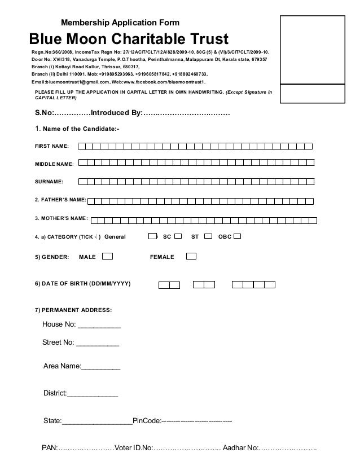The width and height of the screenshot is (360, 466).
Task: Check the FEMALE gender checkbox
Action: pos(191,257)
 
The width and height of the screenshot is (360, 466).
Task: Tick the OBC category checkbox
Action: pos(237,236)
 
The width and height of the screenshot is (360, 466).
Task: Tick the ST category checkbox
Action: pos(208,236)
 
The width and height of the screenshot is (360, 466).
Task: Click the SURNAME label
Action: pos(50,182)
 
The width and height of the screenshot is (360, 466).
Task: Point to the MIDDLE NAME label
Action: pos(54,164)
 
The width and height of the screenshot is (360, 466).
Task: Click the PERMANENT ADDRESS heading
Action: pos(74,310)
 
